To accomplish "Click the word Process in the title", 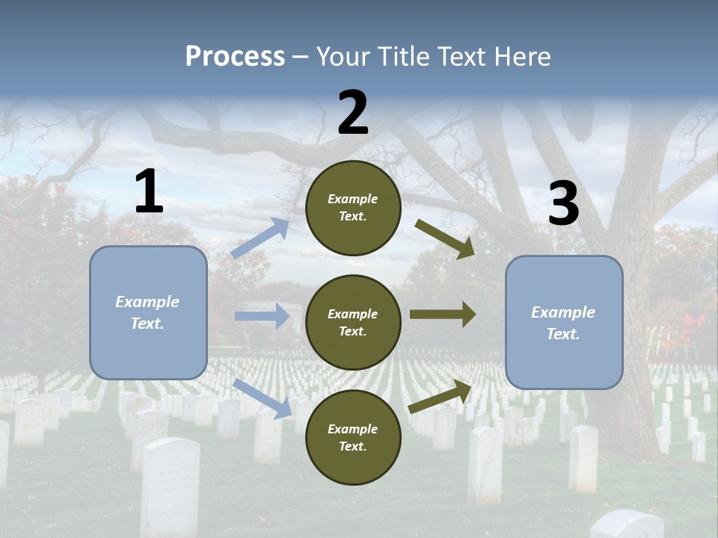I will [235, 57].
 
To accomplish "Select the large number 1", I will [149, 192].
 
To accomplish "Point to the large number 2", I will [353, 113].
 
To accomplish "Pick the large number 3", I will [563, 204].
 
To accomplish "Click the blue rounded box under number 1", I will [148, 312].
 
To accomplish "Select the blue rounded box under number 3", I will [564, 322].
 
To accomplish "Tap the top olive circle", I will [353, 208].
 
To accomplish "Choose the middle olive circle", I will [353, 322].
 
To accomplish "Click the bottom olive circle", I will [353, 437].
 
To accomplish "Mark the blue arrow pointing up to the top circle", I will [260, 238].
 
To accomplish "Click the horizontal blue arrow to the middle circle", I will [262, 316].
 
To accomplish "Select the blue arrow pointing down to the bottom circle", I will [263, 398].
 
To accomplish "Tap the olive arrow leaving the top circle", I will [445, 239].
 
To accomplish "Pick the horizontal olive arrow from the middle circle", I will [443, 315].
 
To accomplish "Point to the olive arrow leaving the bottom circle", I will [441, 396].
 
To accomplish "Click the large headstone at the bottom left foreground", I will [171, 486].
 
